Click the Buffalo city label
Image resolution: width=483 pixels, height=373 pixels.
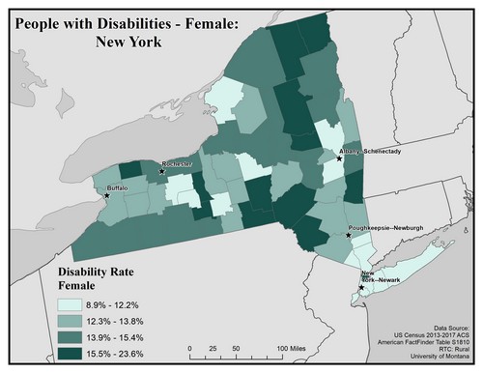click(x=117, y=186)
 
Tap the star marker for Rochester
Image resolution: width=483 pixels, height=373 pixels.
click(x=161, y=172)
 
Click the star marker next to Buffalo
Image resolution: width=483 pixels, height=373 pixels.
click(x=107, y=195)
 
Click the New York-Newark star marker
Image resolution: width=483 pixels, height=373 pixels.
click(x=360, y=287)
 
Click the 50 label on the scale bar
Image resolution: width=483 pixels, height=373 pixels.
click(x=237, y=348)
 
